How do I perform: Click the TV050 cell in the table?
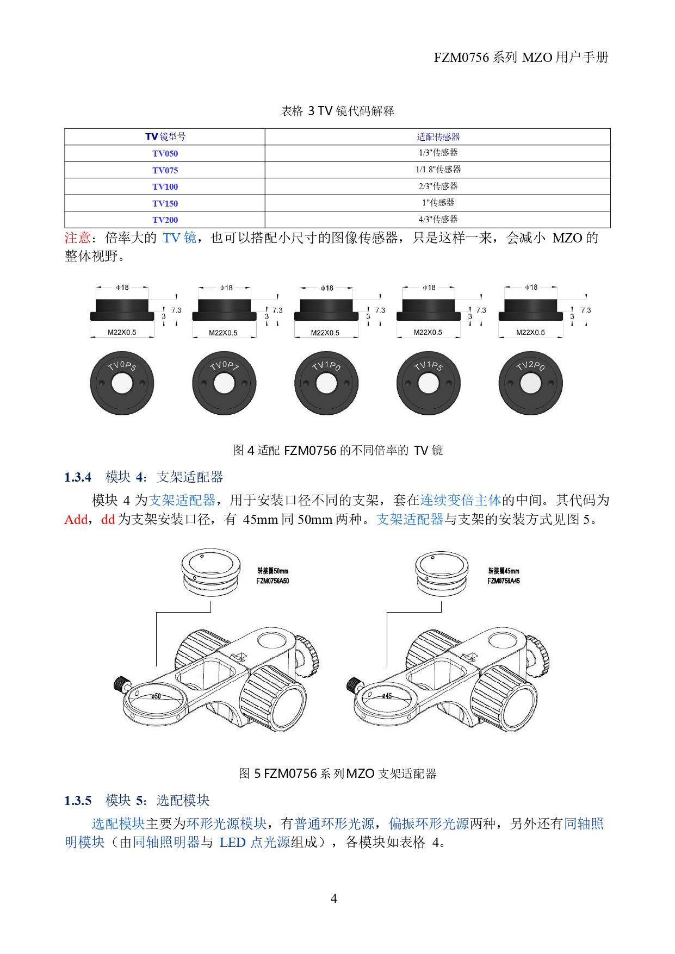(x=165, y=153)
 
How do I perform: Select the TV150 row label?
(x=165, y=203)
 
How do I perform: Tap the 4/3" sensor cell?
(x=438, y=220)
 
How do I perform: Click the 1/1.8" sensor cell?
(x=438, y=170)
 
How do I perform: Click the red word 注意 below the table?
(x=77, y=238)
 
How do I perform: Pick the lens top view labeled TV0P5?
(x=122, y=383)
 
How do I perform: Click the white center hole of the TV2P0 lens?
(x=531, y=384)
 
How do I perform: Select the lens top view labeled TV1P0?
(x=326, y=383)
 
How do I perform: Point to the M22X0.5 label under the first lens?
(x=122, y=332)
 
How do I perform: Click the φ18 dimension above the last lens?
(x=531, y=287)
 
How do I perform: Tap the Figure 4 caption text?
(x=337, y=450)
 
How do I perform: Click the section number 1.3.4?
(x=78, y=477)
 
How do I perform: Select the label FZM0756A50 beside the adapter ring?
(x=273, y=581)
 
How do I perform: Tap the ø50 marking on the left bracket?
(x=156, y=696)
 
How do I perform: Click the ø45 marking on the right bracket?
(x=386, y=696)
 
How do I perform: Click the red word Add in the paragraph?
(x=76, y=520)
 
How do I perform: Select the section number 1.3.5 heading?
(x=78, y=801)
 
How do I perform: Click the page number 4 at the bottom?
(x=334, y=899)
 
